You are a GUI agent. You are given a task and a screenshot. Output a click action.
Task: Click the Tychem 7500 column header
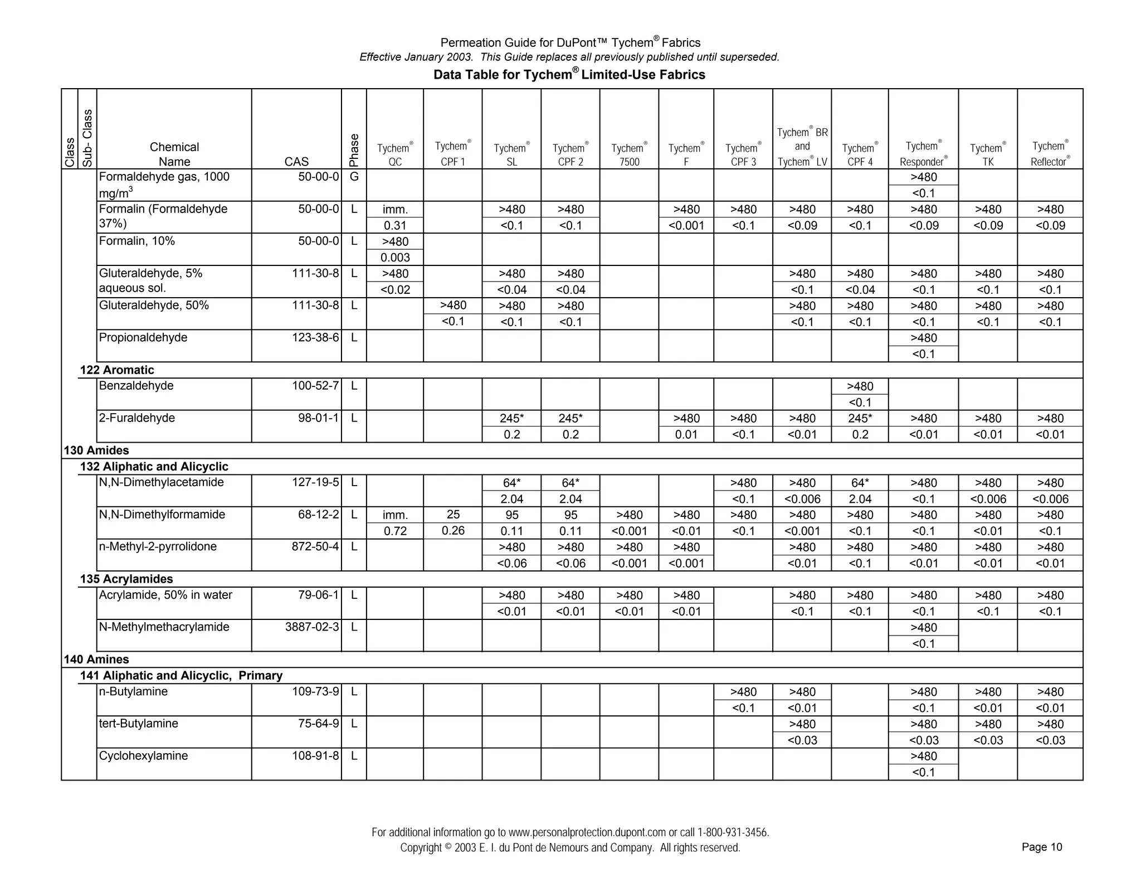(x=629, y=154)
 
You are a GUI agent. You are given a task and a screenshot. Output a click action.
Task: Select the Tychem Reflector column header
(x=1050, y=153)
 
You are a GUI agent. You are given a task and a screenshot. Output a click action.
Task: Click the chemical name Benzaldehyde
(x=136, y=386)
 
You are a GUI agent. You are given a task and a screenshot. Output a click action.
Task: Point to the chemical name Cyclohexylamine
(x=143, y=755)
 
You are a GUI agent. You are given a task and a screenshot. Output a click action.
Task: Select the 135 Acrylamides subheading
(x=126, y=579)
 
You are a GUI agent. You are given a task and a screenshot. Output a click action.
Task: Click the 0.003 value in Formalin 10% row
(x=395, y=258)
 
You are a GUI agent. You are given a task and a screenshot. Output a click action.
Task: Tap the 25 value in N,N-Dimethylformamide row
(x=452, y=515)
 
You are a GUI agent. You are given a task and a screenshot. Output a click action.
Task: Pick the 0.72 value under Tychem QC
(x=395, y=531)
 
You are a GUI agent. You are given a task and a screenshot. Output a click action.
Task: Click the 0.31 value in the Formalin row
(x=395, y=225)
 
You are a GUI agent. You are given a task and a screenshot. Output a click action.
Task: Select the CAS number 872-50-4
(x=315, y=546)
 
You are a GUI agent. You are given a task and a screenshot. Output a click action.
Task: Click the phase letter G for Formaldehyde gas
(x=354, y=177)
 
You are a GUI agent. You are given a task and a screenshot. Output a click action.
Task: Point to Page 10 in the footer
(x=1041, y=847)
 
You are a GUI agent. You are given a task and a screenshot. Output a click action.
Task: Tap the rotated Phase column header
(x=354, y=150)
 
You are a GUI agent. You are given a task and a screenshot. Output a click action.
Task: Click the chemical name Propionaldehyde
(x=143, y=337)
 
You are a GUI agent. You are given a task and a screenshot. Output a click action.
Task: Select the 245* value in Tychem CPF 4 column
(x=860, y=418)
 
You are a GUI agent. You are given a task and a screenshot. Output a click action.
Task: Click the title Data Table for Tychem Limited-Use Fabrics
(x=569, y=75)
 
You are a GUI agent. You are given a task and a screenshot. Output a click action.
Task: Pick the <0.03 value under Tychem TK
(x=988, y=740)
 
